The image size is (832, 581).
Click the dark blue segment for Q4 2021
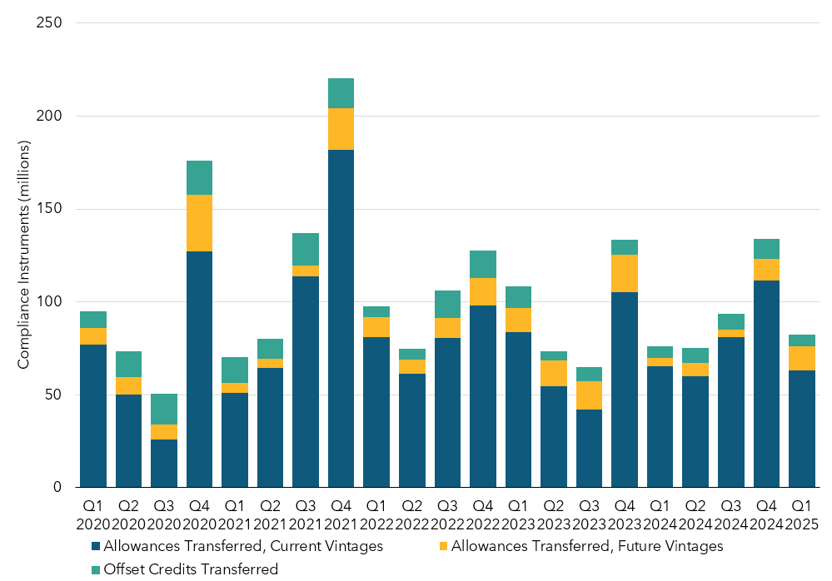(341, 318)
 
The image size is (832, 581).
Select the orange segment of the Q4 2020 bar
(199, 223)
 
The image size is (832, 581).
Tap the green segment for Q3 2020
(163, 409)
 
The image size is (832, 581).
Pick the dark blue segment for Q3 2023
(589, 448)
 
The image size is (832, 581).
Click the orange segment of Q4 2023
(625, 273)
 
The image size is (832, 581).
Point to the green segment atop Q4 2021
(341, 93)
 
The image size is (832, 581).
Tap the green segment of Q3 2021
(305, 249)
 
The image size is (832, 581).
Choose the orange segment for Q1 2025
(802, 358)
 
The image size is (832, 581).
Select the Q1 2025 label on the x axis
(802, 514)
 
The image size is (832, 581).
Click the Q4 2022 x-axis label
(482, 514)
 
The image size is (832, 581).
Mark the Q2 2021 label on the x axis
(270, 514)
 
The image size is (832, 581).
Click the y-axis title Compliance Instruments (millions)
(24, 255)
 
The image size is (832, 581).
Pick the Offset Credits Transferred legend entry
(187, 569)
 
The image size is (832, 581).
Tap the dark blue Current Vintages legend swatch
(96, 547)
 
